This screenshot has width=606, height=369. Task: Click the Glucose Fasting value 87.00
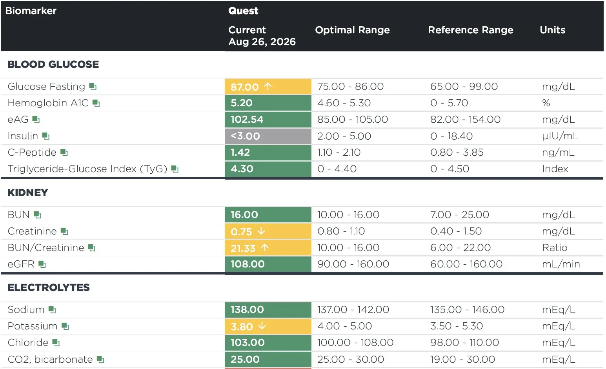[x=245, y=87]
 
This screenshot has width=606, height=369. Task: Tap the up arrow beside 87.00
[x=268, y=87]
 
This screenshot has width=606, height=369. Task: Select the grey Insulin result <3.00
[x=245, y=136]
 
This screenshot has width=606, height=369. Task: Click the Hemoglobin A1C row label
[x=48, y=103]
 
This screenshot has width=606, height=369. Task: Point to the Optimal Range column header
[x=352, y=30]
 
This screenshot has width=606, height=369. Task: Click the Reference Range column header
[x=470, y=30]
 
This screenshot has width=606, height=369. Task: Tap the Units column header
[x=552, y=30]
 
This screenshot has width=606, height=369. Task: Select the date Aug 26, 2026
[x=262, y=42]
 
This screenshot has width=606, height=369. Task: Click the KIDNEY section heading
[x=28, y=193]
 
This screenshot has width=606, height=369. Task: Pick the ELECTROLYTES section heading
[x=49, y=287]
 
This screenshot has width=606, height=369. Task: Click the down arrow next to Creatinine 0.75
[x=261, y=231]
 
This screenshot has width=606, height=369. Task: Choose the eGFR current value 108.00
[x=247, y=264]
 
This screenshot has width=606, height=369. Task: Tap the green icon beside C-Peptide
[x=64, y=153]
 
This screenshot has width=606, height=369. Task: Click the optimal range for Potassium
[x=345, y=326]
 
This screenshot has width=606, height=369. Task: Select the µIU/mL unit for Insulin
[x=560, y=136]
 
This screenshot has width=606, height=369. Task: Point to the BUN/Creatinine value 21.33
[x=243, y=248]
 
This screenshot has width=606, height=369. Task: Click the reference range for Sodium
[x=467, y=310]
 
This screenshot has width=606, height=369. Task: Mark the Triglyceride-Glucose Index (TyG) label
[x=87, y=169]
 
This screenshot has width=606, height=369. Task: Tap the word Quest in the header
[x=243, y=11]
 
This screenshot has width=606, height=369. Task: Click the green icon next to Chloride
[x=56, y=343]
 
